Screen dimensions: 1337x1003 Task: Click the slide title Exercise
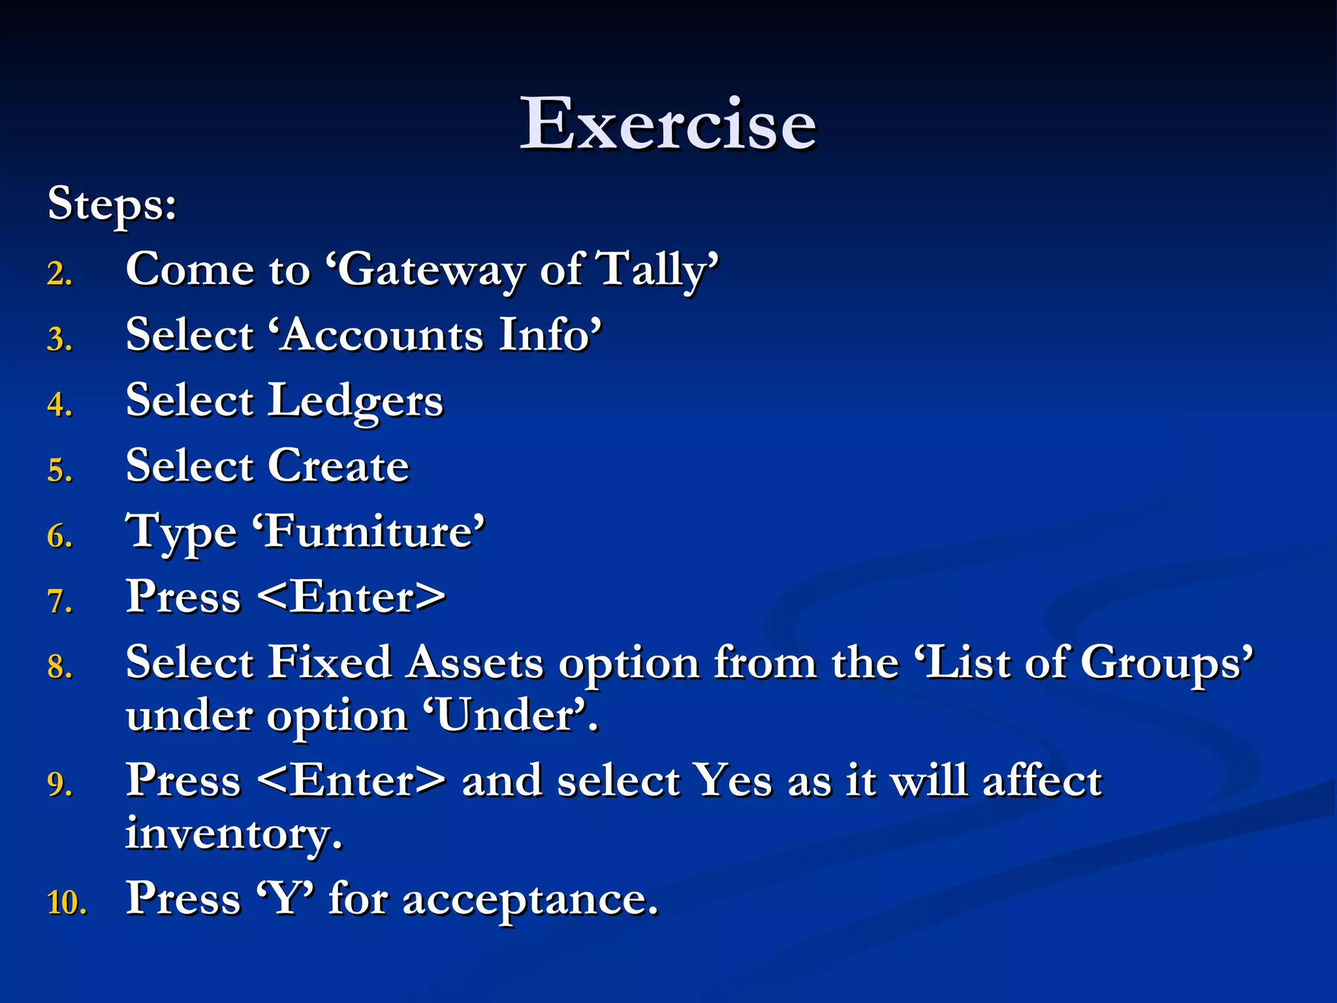(668, 123)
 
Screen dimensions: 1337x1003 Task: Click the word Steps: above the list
(112, 204)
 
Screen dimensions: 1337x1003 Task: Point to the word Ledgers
(356, 401)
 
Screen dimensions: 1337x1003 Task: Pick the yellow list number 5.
(59, 471)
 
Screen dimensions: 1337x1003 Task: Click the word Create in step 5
(338, 466)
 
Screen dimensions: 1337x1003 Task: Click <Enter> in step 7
(351, 597)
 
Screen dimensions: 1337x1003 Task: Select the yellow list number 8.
(59, 667)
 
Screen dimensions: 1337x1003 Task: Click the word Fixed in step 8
(330, 662)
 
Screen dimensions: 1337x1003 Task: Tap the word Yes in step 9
(732, 780)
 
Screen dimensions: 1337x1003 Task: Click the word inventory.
(233, 834)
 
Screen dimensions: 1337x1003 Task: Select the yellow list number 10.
(66, 903)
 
